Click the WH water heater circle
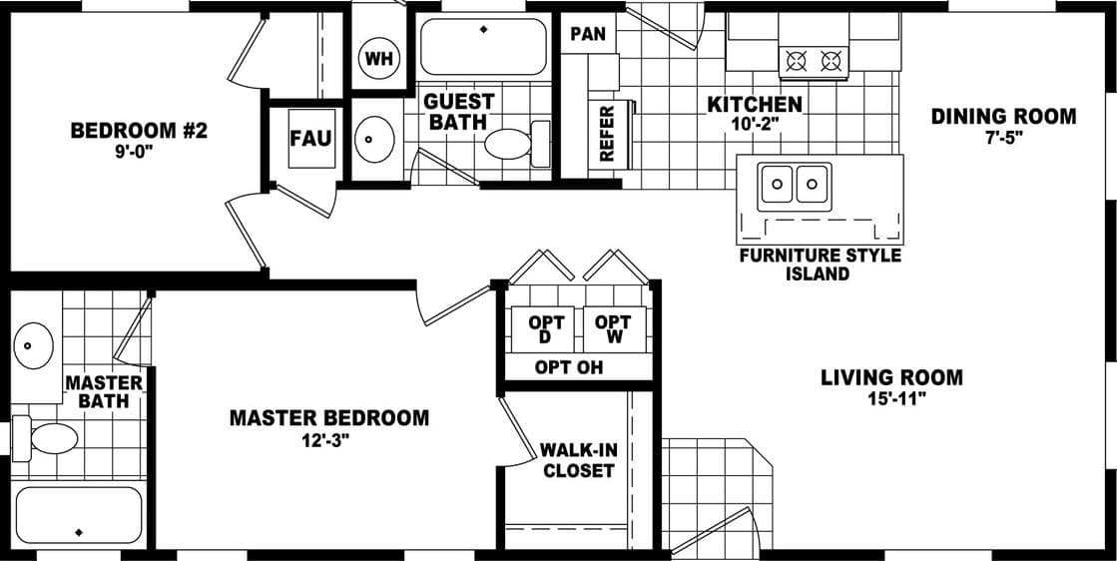click(x=379, y=58)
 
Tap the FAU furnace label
click(x=310, y=138)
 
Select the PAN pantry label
click(x=588, y=34)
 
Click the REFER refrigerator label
click(x=606, y=134)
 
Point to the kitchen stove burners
click(x=813, y=61)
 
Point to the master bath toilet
click(x=50, y=438)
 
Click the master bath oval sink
click(x=33, y=347)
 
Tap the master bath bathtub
click(x=80, y=516)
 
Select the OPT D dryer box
click(x=546, y=328)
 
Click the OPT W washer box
click(x=613, y=328)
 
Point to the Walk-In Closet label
click(x=579, y=460)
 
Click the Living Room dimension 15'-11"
click(x=891, y=399)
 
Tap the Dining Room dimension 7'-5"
click(x=1003, y=138)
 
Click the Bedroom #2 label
click(x=139, y=131)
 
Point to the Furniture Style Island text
click(x=819, y=265)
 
